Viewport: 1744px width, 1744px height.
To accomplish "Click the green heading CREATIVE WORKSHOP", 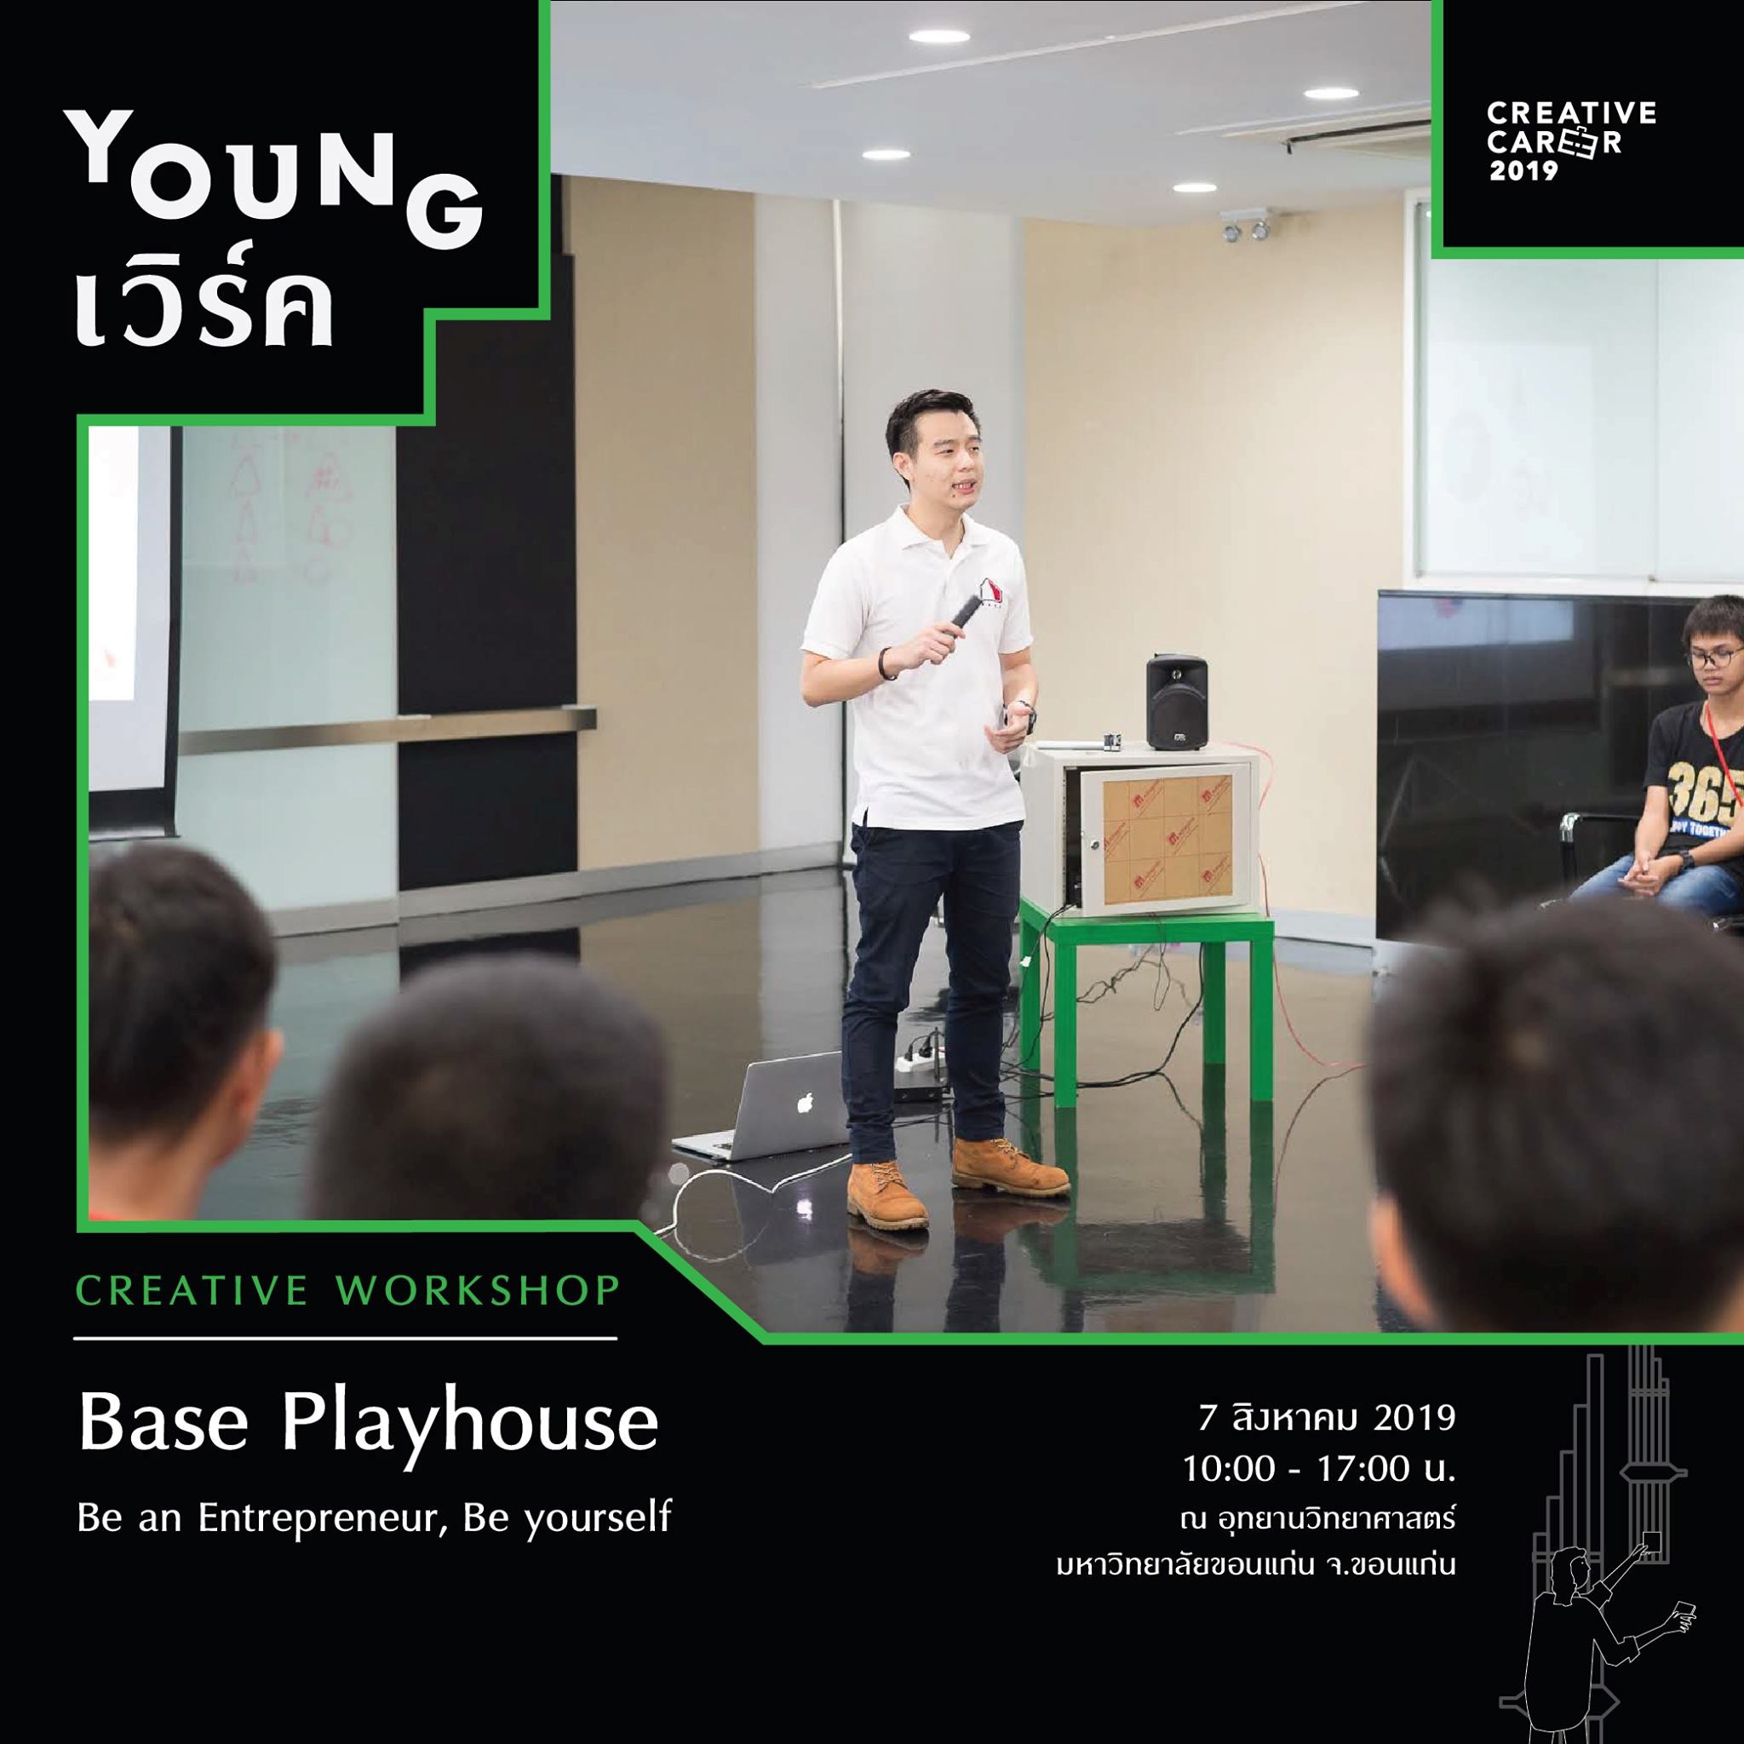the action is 348,1291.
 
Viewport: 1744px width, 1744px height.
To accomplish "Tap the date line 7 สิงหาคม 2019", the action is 1326,1418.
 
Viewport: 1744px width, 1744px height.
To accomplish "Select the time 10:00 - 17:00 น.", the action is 1320,1470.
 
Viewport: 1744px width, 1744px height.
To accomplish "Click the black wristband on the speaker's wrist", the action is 888,663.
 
